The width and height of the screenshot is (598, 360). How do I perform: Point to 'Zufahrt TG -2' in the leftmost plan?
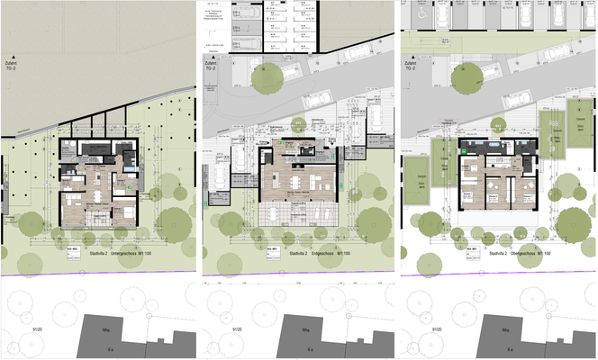click(x=12, y=65)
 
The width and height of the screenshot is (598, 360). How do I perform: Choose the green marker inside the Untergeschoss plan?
click(x=128, y=186)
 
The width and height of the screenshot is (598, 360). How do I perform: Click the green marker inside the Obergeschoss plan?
click(x=465, y=152)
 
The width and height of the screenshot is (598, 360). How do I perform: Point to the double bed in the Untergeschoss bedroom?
click(x=122, y=214)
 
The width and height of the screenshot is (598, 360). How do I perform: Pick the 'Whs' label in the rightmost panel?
click(x=505, y=329)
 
